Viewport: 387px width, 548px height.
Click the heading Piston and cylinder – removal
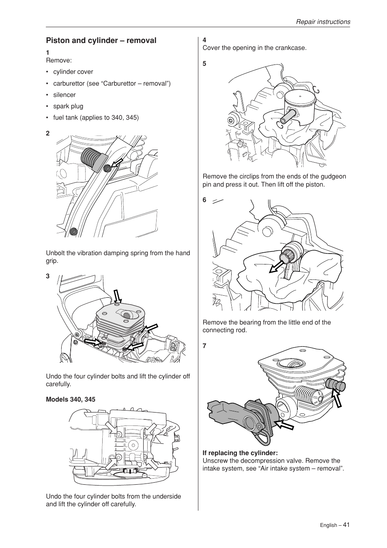pos(101,41)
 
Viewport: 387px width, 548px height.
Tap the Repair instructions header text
pos(322,22)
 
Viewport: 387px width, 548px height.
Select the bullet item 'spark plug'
pos(68,106)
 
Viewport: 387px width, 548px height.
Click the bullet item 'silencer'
pos(64,95)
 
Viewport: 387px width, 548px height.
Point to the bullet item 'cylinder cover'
pos(73,72)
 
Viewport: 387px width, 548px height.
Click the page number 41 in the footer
pos(346,524)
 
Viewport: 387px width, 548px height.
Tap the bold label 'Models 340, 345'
pos(71,400)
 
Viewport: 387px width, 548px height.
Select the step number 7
pos(204,346)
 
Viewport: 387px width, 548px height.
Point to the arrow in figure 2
pos(118,163)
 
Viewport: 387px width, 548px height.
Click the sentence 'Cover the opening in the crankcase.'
pos(254,48)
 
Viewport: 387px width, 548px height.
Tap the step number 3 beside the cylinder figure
pos(47,276)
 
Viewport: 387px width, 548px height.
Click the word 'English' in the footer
pos(328,525)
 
